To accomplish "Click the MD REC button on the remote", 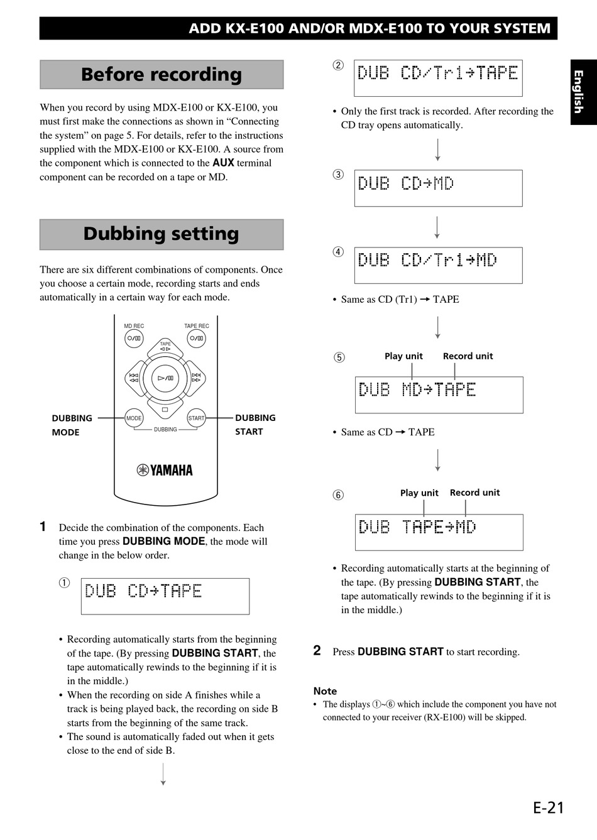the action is (134, 338).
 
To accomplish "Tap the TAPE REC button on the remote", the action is (196, 338).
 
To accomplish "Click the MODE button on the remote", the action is (134, 418).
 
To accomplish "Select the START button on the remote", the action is (196, 418).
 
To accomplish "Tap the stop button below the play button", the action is (165, 409).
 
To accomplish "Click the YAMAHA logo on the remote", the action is (165, 470).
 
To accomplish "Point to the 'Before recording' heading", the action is (162, 74).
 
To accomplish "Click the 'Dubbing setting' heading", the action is (162, 234).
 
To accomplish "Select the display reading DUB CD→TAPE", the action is (165, 596).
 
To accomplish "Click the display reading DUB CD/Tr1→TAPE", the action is (439, 78).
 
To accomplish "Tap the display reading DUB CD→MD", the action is (439, 188).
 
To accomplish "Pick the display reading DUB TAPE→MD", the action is (439, 533).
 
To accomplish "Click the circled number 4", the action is (338, 252).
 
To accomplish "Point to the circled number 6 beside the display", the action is (338, 495).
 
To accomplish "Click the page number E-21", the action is (549, 808).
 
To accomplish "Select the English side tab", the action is (584, 92).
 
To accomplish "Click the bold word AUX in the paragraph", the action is (223, 163).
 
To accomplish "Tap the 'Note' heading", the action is (325, 690).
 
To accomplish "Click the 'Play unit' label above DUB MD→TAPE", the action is (403, 356).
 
